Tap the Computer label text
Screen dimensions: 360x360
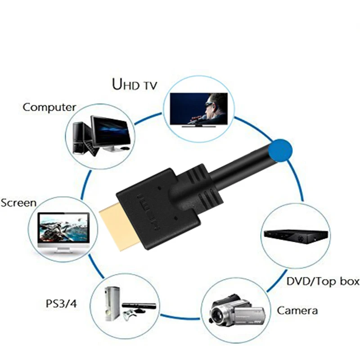(49, 107)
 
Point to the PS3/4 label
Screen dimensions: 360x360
(61, 304)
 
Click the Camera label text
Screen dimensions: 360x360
(297, 310)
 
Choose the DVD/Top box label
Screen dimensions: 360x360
(323, 282)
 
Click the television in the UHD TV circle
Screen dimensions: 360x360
(198, 110)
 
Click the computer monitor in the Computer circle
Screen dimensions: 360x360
(111, 130)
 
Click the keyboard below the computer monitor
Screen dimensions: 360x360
(92, 151)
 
